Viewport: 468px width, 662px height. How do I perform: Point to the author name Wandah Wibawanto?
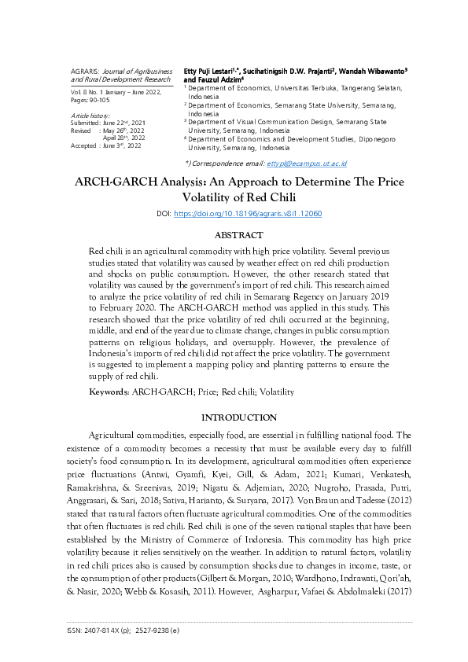pos(374,71)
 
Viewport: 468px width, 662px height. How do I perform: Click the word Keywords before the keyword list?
pos(109,390)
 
